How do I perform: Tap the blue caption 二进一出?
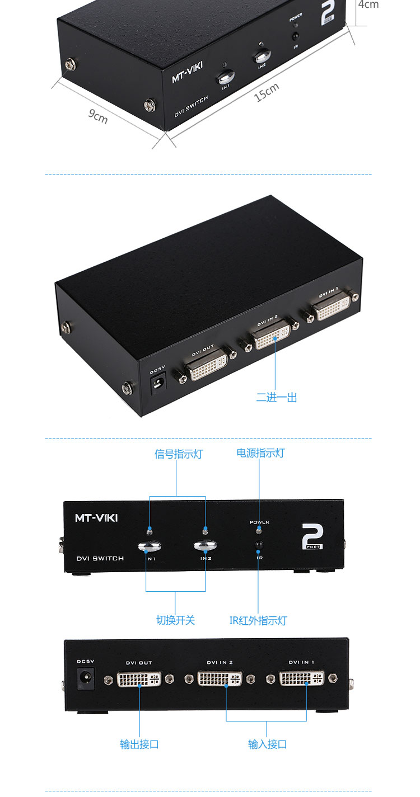[x=277, y=398]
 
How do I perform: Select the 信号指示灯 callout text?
[x=179, y=454]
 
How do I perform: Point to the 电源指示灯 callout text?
[x=260, y=453]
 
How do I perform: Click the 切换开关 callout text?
[x=175, y=620]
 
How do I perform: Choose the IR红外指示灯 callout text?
[x=258, y=620]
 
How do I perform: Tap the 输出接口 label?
[x=139, y=744]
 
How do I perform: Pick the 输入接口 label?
[x=268, y=744]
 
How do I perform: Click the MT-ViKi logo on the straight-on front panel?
[x=96, y=518]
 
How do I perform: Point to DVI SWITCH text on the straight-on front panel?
[x=100, y=558]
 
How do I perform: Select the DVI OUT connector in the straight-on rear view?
[x=139, y=680]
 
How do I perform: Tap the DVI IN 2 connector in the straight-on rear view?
[x=220, y=680]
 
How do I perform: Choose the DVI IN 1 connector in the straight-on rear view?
[x=302, y=680]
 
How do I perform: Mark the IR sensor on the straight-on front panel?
[x=259, y=545]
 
